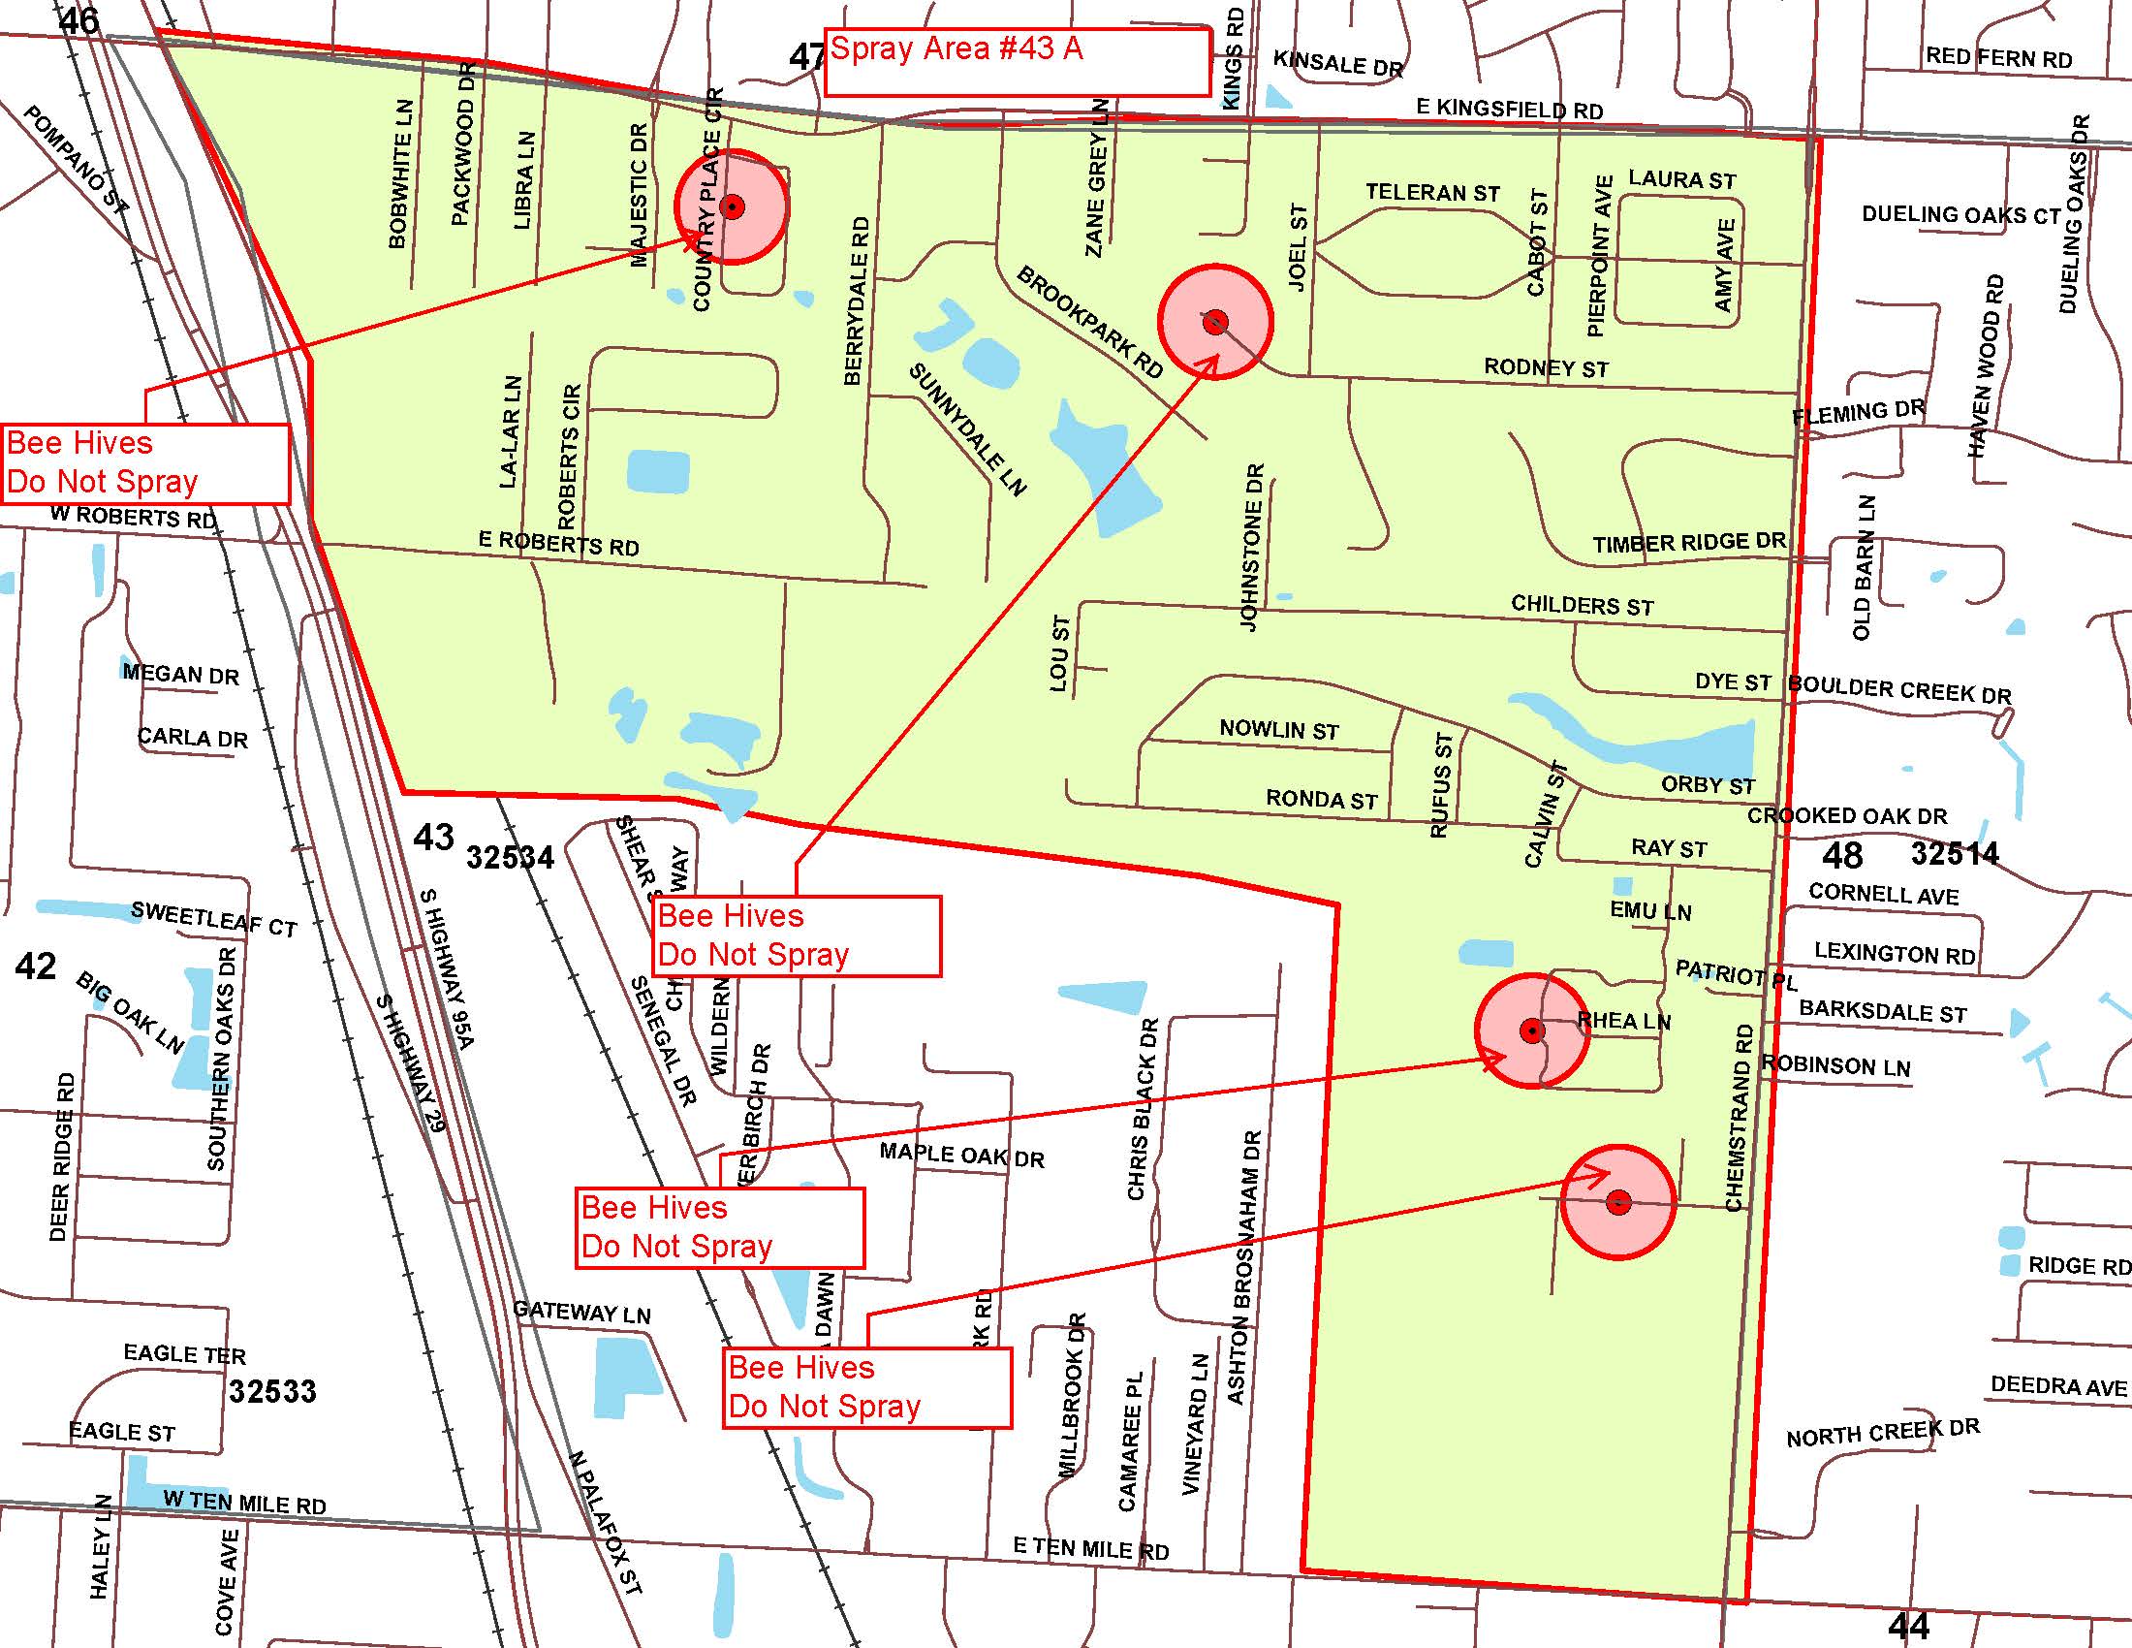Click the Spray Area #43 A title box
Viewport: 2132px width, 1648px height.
pos(1018,62)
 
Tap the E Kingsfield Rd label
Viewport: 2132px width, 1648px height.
pos(1509,109)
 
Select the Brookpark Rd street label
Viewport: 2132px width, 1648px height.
pos(1089,322)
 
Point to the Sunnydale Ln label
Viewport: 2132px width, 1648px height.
pos(967,429)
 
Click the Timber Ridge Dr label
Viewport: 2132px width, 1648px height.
pos(1689,543)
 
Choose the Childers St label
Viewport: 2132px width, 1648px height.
pos(1583,605)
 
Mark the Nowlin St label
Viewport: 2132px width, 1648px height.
pos(1279,729)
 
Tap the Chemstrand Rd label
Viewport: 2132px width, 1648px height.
pos(1738,1118)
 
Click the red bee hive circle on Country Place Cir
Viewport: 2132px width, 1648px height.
pos(731,206)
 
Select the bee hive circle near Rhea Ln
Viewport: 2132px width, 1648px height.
pos(1531,1030)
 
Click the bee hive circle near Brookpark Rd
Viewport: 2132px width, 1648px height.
pos(1215,322)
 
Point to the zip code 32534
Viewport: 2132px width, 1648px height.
pos(510,857)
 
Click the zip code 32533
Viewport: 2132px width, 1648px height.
pos(272,1390)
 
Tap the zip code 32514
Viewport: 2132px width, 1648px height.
pos(1955,854)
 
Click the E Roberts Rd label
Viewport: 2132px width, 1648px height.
pos(558,544)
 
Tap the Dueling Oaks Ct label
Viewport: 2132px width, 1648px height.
pos(1960,215)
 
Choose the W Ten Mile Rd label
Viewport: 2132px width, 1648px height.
pos(244,1503)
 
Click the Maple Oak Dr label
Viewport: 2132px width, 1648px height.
pos(961,1155)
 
